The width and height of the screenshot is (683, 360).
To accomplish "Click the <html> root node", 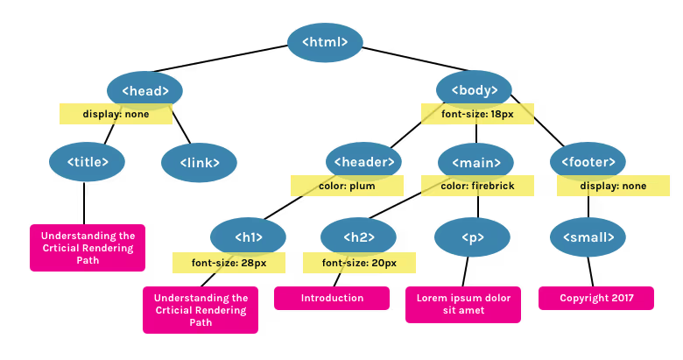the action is [325, 42].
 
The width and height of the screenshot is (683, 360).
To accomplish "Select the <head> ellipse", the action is [144, 90].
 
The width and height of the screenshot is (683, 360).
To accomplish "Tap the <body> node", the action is [474, 90].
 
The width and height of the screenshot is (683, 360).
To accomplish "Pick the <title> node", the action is [87, 162].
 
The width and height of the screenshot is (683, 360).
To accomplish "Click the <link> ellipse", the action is [199, 163].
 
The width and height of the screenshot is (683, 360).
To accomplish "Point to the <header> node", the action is [363, 162].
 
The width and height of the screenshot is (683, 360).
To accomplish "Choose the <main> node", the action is [475, 163].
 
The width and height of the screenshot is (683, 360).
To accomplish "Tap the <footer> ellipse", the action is [588, 162].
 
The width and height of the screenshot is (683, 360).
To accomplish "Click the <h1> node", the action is [249, 237].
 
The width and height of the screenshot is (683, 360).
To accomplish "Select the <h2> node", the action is [358, 237].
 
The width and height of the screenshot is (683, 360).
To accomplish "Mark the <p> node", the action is [472, 237].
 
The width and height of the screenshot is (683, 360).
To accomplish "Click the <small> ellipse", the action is [588, 237].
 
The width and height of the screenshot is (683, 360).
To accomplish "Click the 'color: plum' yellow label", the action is [347, 186].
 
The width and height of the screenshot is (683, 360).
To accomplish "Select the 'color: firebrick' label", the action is [477, 186].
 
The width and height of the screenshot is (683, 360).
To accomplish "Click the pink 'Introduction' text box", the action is [332, 298].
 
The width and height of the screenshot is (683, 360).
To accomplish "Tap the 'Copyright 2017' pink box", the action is [596, 298].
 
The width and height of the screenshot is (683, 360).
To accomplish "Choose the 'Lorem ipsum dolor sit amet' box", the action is [463, 305].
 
